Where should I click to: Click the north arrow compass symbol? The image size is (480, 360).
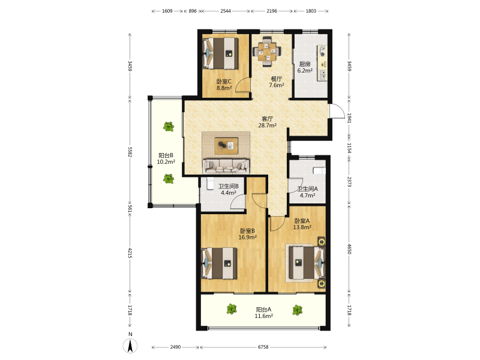(130, 346)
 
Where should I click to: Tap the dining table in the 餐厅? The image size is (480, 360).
(267, 51)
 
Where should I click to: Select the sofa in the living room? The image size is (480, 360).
(226, 166)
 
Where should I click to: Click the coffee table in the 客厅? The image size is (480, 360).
(226, 145)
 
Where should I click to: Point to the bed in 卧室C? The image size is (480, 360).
(221, 53)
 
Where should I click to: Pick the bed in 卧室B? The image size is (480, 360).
(219, 263)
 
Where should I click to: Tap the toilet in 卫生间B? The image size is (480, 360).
(211, 184)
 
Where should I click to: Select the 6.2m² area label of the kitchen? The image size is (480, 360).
(305, 70)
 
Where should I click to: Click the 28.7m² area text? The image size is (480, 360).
(268, 125)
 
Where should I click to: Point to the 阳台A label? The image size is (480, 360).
(263, 310)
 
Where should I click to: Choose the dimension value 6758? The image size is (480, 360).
(263, 347)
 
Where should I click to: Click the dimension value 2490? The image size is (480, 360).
(175, 347)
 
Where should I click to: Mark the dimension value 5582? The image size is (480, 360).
(130, 152)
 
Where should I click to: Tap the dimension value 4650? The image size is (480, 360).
(349, 249)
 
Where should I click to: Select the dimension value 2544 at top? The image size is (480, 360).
(226, 11)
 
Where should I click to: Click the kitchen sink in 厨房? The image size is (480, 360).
(322, 74)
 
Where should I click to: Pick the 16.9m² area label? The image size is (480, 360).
(248, 237)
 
